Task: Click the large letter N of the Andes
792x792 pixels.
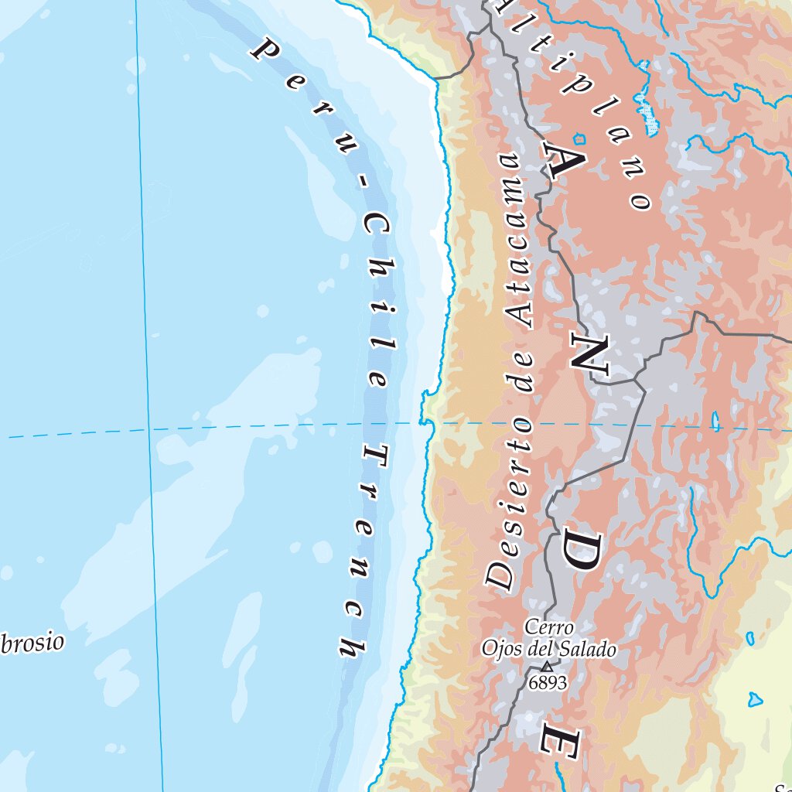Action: [x=592, y=356]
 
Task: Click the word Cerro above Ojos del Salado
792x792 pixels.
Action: [x=548, y=626]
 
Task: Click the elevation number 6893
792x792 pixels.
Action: [x=548, y=682]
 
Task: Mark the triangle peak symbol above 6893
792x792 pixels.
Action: [x=548, y=666]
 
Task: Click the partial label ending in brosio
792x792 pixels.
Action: [x=31, y=643]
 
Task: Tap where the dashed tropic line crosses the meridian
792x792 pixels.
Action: [x=150, y=430]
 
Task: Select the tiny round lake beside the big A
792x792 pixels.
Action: [x=581, y=140]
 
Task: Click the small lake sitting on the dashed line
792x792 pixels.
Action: [x=715, y=422]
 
